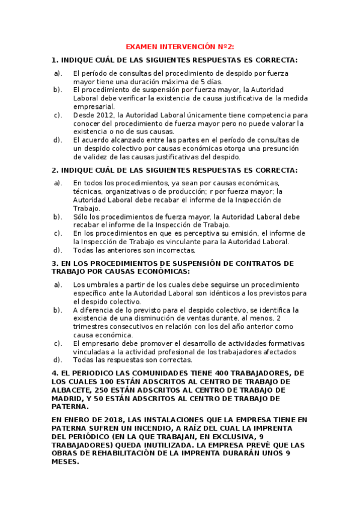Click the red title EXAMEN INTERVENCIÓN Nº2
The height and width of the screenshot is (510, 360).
[180, 46]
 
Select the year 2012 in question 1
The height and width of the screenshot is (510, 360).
[108, 114]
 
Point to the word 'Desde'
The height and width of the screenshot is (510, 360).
[84, 114]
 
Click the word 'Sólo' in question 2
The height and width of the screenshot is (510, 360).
[81, 217]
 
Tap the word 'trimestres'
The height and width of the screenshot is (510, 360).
[93, 327]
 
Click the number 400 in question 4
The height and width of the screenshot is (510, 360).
[212, 373]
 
